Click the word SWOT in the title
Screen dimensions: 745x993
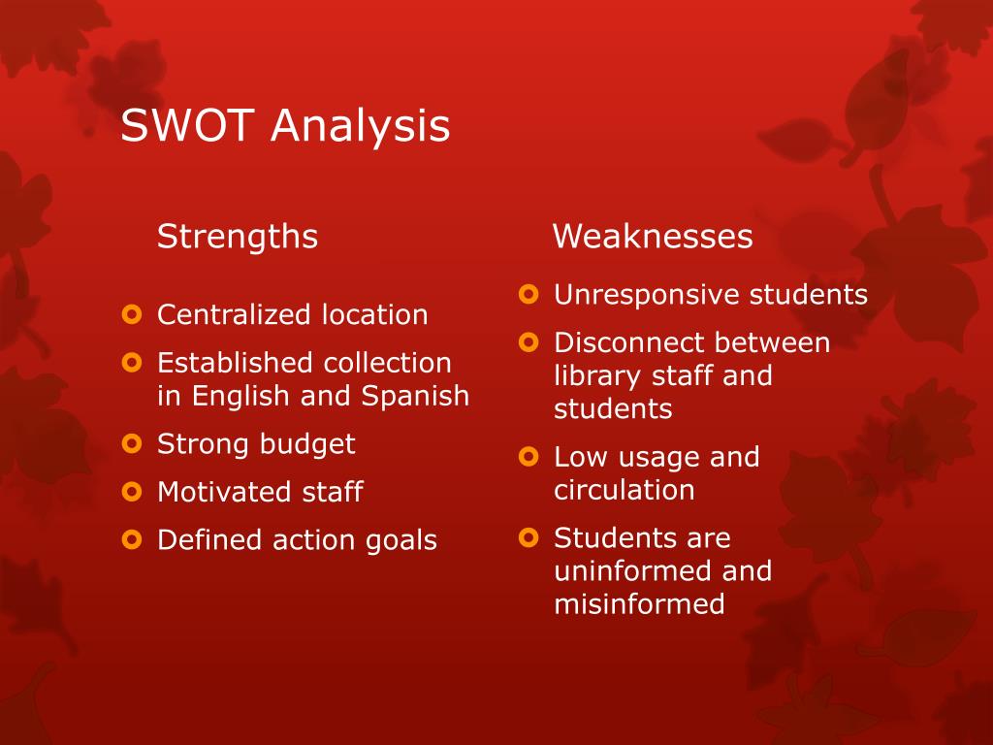188,126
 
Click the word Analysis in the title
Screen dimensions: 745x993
360,126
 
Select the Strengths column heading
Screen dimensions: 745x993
238,237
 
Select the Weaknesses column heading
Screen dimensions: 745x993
653,237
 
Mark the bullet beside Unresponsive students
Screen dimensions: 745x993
528,294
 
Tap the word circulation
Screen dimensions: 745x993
624,490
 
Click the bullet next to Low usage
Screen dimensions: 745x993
528,456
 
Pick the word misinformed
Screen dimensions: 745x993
639,604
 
